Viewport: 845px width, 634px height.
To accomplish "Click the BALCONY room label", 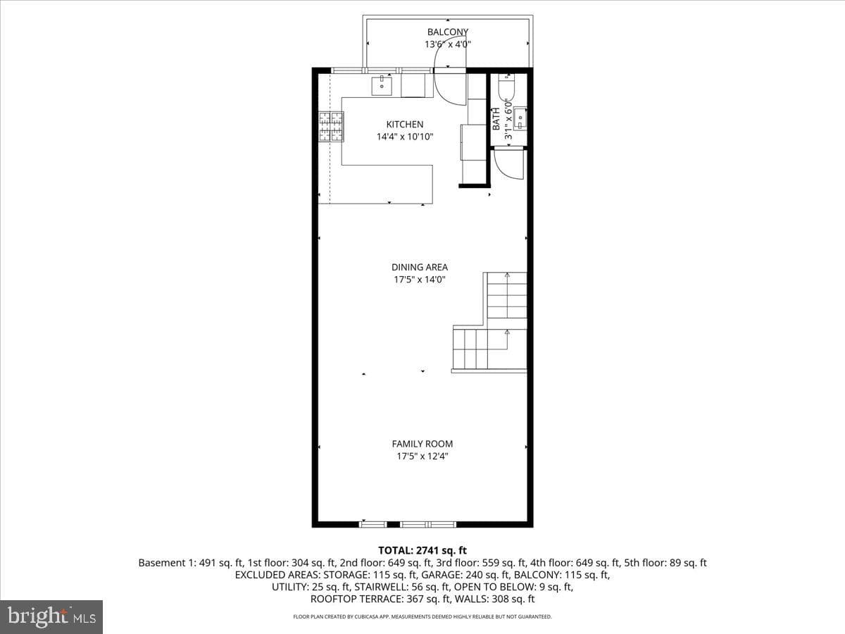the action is coord(448,32).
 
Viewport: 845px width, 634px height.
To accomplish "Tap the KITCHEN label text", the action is coord(405,125).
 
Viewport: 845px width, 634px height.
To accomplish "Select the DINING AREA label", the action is coord(419,267).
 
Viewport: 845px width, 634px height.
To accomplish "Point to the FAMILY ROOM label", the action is coord(423,444).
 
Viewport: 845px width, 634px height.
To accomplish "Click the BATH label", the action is coord(496,118).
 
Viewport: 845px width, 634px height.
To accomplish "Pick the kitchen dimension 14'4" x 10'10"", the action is coord(405,137).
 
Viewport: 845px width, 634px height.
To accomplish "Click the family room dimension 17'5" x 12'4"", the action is coord(423,456).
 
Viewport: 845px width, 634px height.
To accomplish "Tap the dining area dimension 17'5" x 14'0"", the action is coord(419,280).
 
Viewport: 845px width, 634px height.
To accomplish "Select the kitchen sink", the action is coord(382,86).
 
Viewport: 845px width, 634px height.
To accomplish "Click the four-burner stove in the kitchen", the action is coord(331,126).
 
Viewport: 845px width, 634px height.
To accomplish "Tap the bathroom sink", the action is coord(520,118).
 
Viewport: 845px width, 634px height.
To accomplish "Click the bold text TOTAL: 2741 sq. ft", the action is coord(423,550).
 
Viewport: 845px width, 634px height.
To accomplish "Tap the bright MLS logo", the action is coord(51,616).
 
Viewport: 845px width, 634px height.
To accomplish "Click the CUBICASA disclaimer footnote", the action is coord(423,616).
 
